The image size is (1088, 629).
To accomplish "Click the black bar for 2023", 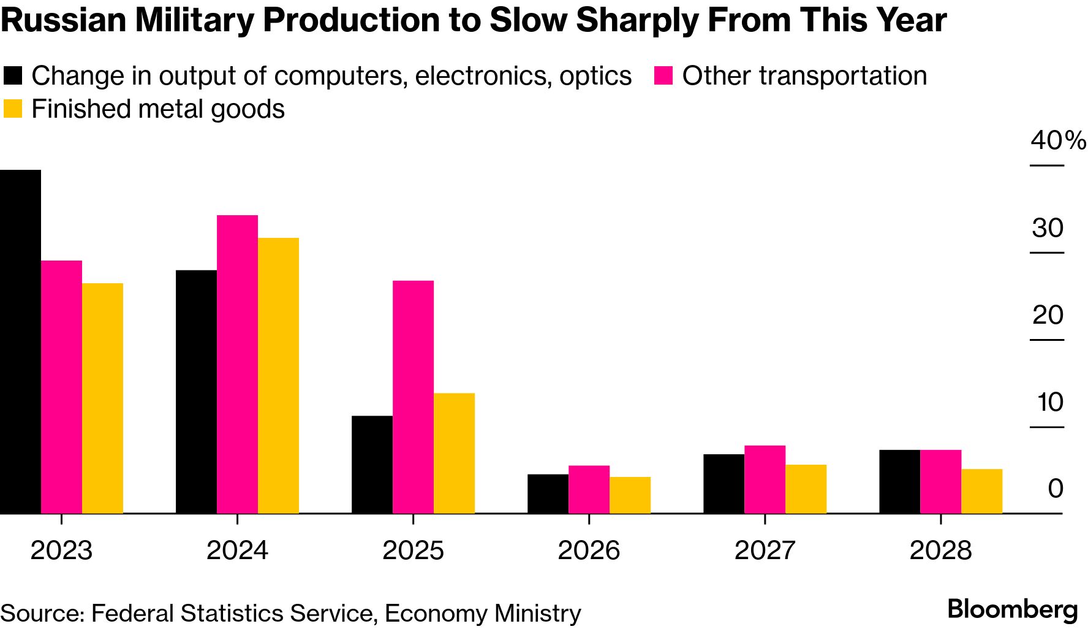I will tap(20, 341).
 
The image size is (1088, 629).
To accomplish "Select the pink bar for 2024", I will tap(237, 364).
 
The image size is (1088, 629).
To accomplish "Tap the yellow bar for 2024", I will tap(278, 375).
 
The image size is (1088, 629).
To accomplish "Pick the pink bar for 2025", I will tap(413, 397).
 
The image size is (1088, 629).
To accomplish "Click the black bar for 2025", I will tap(372, 464).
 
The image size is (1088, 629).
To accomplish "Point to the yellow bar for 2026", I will tap(630, 495).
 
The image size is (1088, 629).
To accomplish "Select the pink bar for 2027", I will tap(765, 479).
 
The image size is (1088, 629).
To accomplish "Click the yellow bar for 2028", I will tap(981, 491).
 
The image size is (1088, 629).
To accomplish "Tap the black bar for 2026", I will tap(548, 494).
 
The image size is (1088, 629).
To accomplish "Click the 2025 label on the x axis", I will tap(413, 550).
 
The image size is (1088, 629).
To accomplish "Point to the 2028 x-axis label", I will tap(940, 550).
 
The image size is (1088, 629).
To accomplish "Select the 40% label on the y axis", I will tap(1057, 140).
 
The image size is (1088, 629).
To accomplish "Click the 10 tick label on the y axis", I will tap(1050, 402).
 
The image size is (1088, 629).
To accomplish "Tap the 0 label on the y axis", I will tap(1055, 489).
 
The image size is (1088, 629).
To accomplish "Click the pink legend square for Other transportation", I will tap(663, 75).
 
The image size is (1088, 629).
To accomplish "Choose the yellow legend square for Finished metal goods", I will tap(13, 109).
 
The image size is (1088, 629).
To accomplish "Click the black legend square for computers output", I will tap(13, 75).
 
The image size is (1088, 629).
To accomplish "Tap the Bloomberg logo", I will tap(1012, 609).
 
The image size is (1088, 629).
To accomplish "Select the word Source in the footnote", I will tap(40, 613).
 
